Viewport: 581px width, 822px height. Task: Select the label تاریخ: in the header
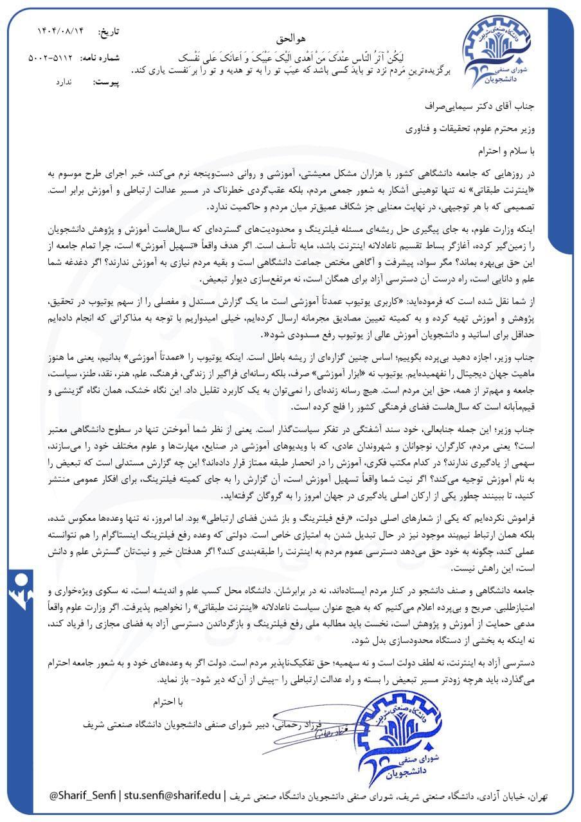pos(107,31)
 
